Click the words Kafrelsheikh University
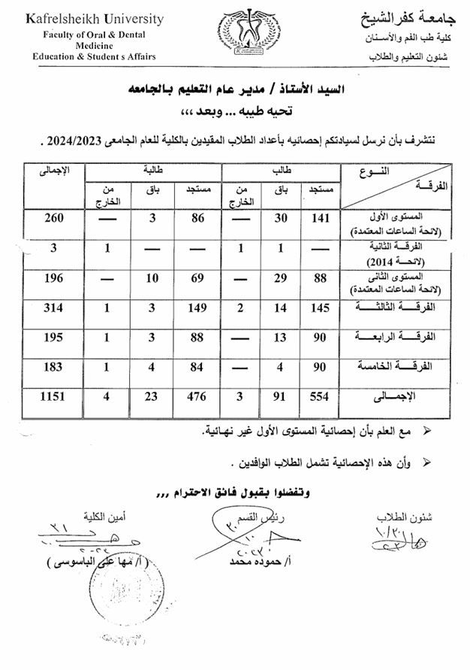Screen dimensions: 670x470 pyautogui.click(x=94, y=19)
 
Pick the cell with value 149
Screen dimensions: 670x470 pyautogui.click(x=197, y=308)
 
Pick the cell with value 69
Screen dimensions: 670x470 pyautogui.click(x=197, y=278)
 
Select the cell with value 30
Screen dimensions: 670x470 pyautogui.click(x=280, y=219)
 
